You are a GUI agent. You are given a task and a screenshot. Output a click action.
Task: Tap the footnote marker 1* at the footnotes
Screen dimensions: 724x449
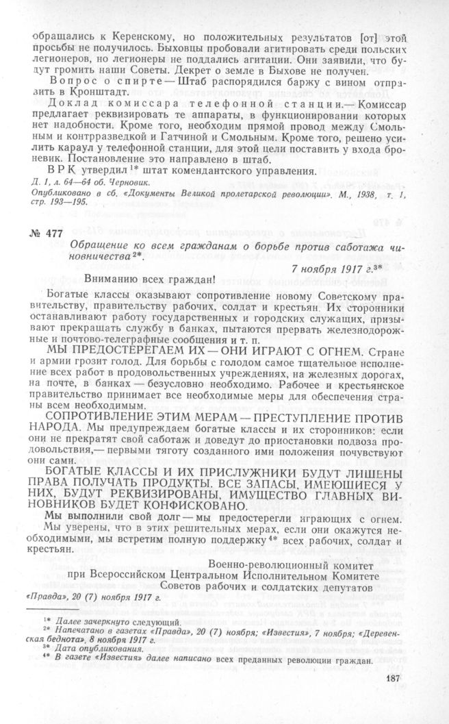tap(49, 619)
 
